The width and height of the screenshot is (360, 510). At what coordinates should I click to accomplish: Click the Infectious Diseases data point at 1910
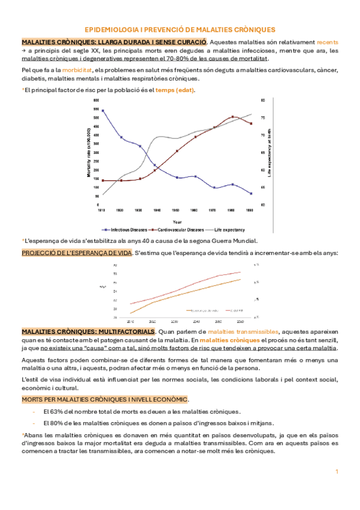pos(103,111)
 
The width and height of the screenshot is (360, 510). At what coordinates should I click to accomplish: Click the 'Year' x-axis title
pos(177,221)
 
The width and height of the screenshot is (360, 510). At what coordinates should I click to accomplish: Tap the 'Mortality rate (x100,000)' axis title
pos(88,152)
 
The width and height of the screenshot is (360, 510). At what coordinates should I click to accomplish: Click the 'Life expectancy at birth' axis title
pos(270,152)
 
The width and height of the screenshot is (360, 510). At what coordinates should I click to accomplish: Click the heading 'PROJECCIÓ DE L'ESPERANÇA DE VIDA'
pos(76,253)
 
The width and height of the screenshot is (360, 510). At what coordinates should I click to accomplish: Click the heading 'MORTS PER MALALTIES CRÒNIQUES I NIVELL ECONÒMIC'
pos(104,399)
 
